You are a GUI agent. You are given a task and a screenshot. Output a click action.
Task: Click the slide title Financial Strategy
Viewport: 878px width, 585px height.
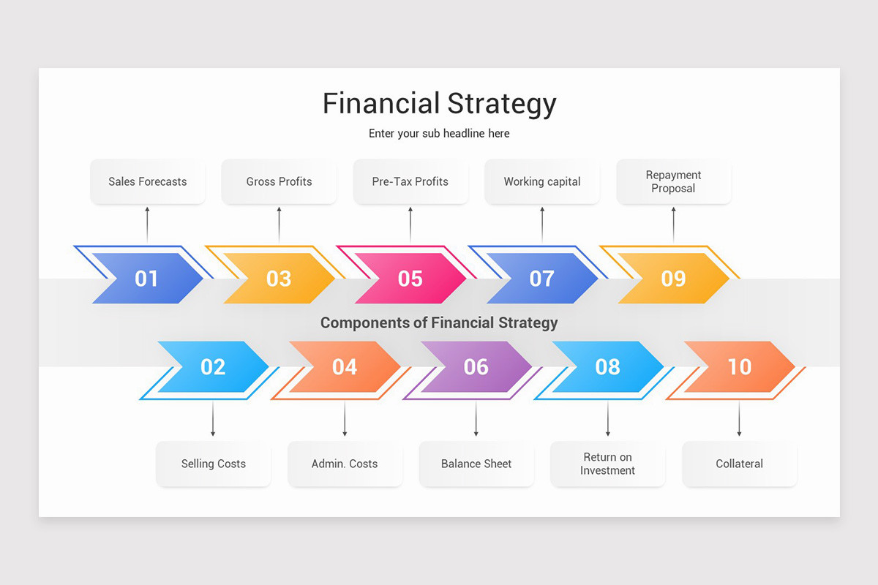tap(439, 104)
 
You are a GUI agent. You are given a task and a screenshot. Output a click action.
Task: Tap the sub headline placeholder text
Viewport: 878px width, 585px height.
tap(439, 134)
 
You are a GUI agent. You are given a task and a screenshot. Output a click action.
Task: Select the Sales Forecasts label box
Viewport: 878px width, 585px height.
tap(148, 181)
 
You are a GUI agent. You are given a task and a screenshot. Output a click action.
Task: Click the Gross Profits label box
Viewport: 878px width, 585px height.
tap(279, 181)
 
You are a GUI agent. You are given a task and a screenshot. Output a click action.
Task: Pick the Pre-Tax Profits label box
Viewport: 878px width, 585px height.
tap(410, 181)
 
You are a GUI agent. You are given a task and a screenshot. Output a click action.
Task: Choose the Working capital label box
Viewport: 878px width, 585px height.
tap(542, 181)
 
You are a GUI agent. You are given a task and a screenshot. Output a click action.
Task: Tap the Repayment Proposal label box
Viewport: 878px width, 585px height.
tap(674, 181)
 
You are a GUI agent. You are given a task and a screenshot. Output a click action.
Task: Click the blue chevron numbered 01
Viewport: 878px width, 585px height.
tap(147, 279)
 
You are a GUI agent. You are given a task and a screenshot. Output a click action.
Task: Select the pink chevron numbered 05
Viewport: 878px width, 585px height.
tap(410, 279)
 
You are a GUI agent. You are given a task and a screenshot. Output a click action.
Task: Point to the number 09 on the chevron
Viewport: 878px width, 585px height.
tap(673, 279)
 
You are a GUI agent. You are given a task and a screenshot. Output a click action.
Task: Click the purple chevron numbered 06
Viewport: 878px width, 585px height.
tap(476, 366)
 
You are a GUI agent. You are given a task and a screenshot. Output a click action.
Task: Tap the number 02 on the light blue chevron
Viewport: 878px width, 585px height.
tap(213, 366)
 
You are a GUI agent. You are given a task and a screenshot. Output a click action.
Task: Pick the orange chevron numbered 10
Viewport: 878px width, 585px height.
tap(739, 366)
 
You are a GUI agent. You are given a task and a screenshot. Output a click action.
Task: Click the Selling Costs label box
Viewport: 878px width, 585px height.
tap(214, 464)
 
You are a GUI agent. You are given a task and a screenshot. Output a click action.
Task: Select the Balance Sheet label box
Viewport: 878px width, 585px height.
tap(476, 464)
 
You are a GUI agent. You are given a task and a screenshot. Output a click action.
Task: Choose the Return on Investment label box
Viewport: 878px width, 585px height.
tap(607, 464)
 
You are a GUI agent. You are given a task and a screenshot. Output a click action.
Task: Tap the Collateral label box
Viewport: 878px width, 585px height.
tap(739, 464)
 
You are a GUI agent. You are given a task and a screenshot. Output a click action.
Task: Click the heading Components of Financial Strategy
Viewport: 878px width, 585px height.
tap(439, 322)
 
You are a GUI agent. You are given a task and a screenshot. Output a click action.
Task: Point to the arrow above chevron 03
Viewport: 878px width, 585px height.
tap(279, 224)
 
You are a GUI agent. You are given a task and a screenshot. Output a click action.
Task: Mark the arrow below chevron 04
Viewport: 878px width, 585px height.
tap(345, 419)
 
